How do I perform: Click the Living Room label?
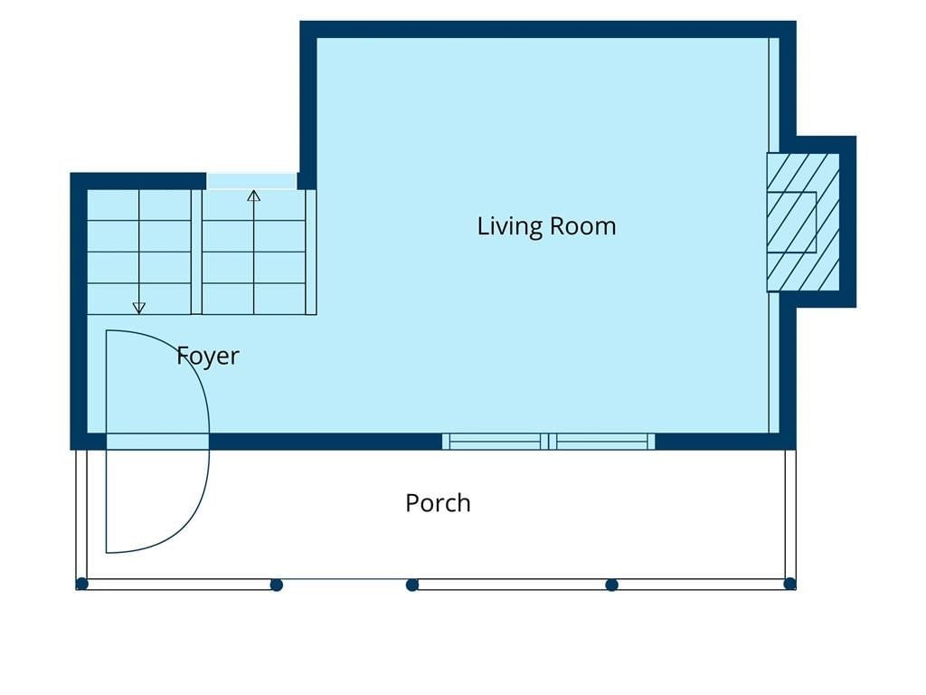pyautogui.click(x=546, y=226)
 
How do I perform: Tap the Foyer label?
pyautogui.click(x=208, y=357)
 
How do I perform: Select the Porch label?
pyautogui.click(x=438, y=503)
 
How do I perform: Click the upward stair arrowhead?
pyautogui.click(x=254, y=195)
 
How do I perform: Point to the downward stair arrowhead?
pyautogui.click(x=138, y=308)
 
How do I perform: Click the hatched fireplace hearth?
pyautogui.click(x=803, y=223)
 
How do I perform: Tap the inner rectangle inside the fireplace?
pyautogui.click(x=791, y=223)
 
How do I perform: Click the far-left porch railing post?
pyautogui.click(x=82, y=585)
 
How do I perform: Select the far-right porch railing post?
pyautogui.click(x=789, y=585)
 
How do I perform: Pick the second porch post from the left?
pyautogui.click(x=277, y=586)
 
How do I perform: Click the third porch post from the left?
pyautogui.click(x=412, y=586)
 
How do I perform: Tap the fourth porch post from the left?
pyautogui.click(x=612, y=586)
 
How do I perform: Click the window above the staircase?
pyautogui.click(x=251, y=181)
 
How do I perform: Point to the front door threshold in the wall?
pyautogui.click(x=157, y=442)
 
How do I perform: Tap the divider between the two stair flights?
pyautogui.click(x=196, y=252)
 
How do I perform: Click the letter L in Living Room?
pyautogui.click(x=482, y=225)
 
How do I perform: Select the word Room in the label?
pyautogui.click(x=583, y=225)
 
